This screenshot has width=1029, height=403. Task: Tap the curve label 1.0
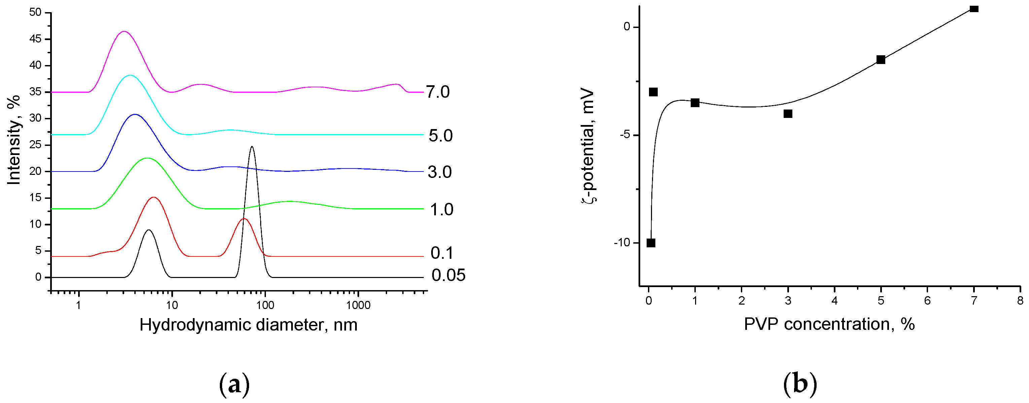441,210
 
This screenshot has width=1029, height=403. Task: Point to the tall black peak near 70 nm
252,147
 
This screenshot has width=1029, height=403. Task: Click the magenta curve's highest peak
124,32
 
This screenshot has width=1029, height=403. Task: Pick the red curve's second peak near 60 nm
244,219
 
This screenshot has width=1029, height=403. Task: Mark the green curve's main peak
147,158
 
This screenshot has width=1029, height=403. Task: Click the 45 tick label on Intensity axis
35,39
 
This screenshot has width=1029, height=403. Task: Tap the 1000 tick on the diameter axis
358,305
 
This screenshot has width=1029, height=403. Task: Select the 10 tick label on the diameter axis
172,305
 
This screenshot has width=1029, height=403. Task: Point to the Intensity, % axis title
14,140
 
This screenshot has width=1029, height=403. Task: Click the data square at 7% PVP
974,9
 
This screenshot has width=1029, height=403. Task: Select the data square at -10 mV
651,243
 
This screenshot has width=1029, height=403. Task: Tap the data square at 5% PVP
881,60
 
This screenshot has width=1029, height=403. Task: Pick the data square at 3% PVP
788,114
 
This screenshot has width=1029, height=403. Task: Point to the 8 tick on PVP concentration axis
1020,301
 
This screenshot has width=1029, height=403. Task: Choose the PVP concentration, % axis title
829,324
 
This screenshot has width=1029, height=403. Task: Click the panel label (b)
800,384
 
